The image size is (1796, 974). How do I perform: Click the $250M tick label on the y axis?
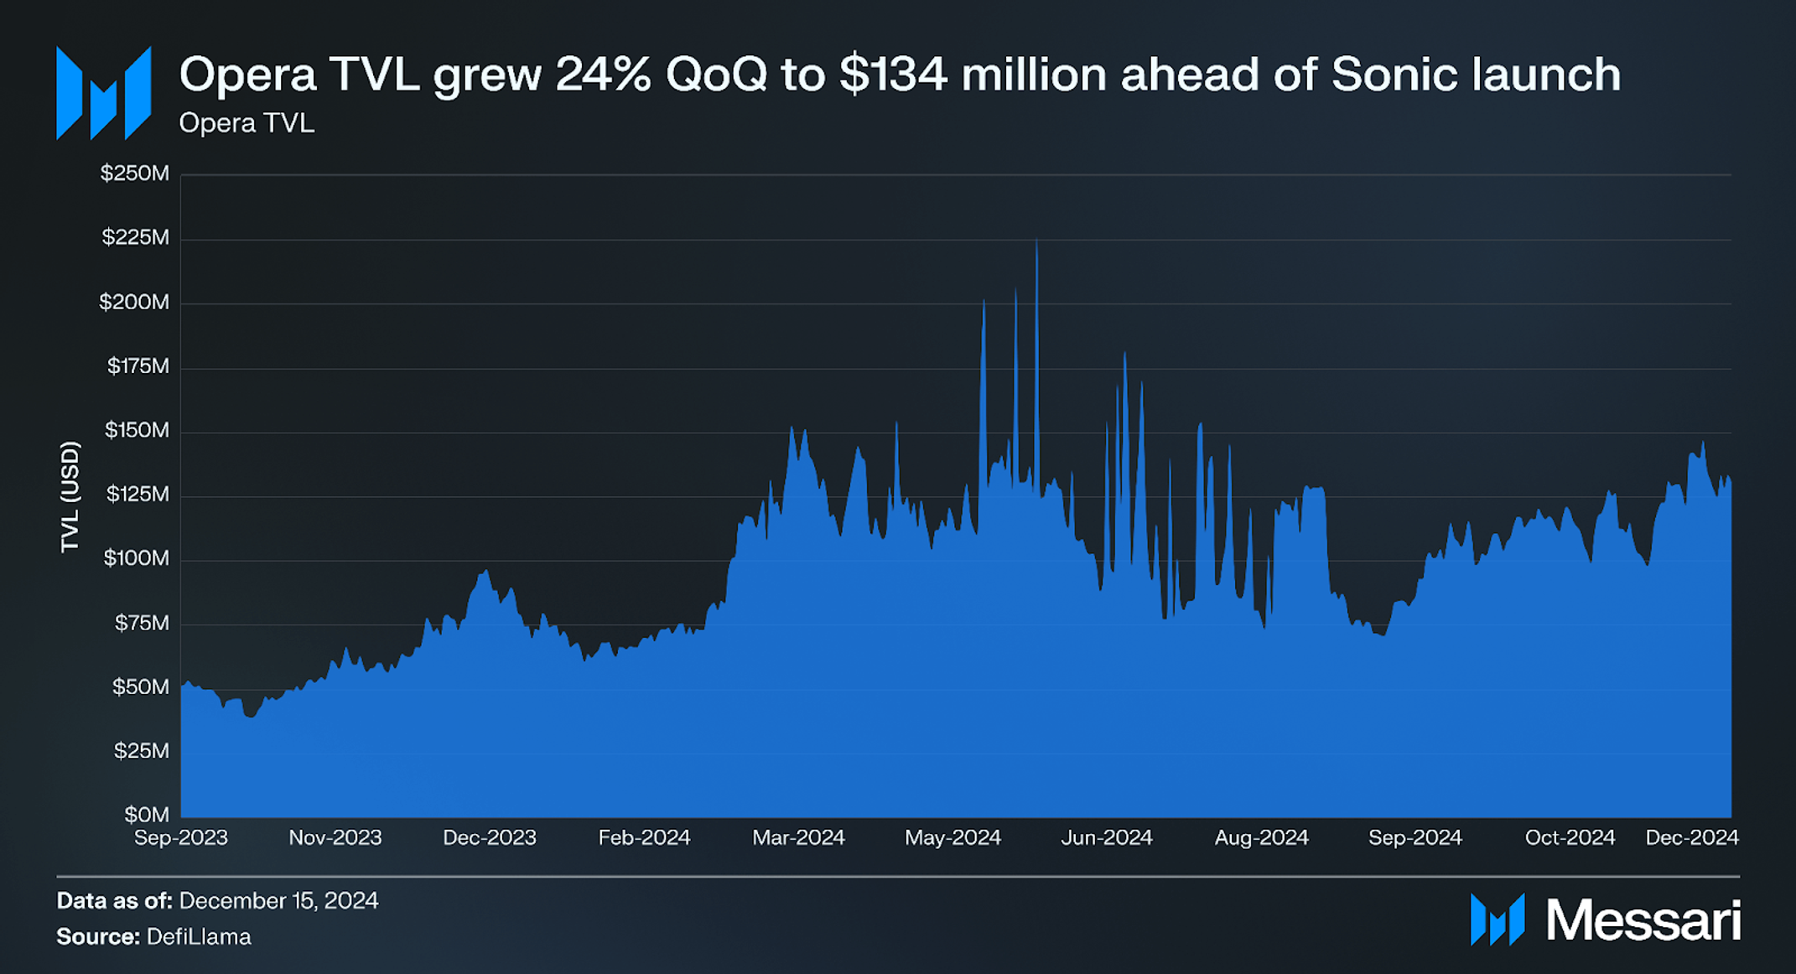coord(134,174)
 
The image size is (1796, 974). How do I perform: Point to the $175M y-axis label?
coord(138,366)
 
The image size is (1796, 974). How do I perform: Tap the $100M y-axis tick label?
coord(136,558)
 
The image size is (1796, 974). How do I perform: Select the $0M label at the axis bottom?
coord(147,815)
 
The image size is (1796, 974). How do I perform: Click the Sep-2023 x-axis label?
coord(181,837)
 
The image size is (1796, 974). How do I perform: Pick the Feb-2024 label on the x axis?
coord(644,837)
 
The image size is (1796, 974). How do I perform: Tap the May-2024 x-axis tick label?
coord(953,837)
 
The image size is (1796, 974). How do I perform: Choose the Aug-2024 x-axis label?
coord(1261,837)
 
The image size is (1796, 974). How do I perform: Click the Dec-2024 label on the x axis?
coord(1691,837)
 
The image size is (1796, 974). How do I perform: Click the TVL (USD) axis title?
coord(70,496)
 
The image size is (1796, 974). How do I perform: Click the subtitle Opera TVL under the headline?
coord(247,123)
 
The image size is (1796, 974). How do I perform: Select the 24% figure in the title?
coord(602,75)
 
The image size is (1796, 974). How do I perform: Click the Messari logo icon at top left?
coord(103,92)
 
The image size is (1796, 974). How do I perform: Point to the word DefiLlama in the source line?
coord(199,936)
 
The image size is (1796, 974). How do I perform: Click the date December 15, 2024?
coord(278,901)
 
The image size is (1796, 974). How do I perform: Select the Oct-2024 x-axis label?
coord(1570,837)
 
